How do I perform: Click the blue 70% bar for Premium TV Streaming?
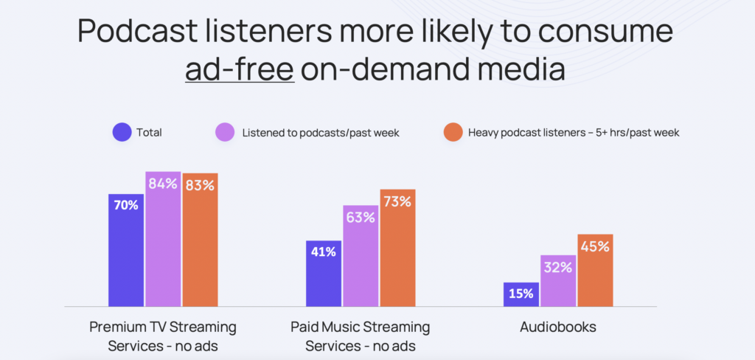tap(126, 250)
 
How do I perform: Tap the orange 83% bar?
tap(200, 240)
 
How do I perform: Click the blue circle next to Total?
tap(122, 133)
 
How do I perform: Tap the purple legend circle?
tap(225, 133)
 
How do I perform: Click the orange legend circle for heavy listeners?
tap(453, 133)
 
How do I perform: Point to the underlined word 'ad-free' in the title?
tap(240, 70)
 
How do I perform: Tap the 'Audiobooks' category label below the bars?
tap(558, 327)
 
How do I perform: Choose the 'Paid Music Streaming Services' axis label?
tap(361, 336)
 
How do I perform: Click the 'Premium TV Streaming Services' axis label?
tap(163, 336)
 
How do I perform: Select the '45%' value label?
tap(595, 246)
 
